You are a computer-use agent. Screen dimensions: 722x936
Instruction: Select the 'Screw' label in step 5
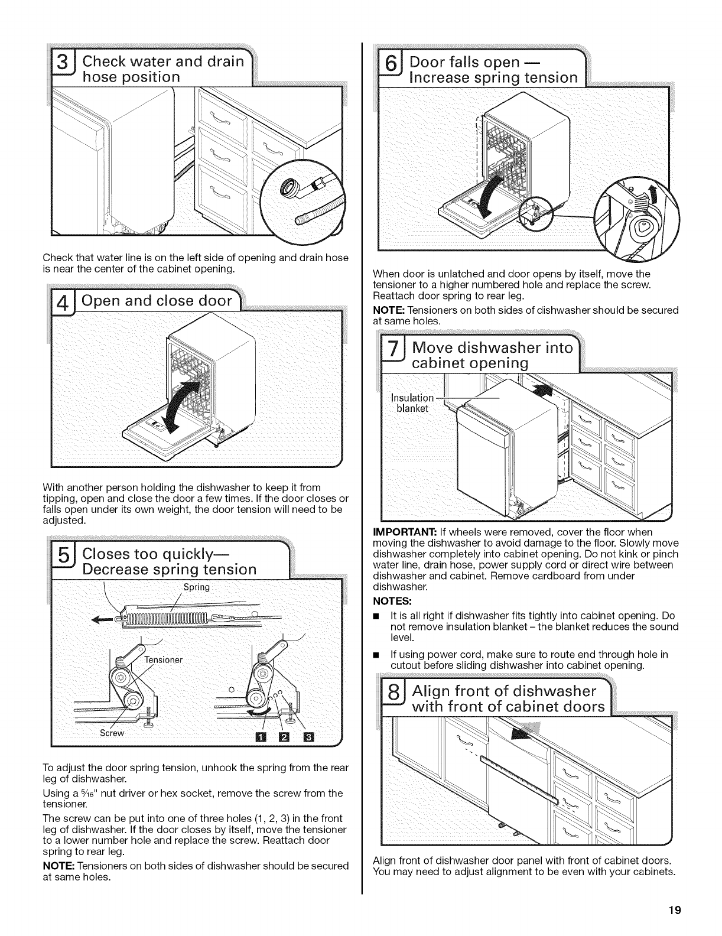tap(112, 733)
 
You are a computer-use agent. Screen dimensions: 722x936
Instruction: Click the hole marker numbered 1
tap(262, 737)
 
